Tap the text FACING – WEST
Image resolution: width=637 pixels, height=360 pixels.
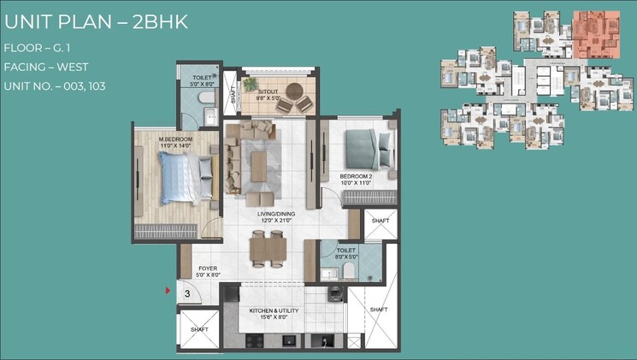pyautogui.click(x=45, y=67)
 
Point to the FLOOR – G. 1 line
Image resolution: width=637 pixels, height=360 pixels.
pyautogui.click(x=39, y=48)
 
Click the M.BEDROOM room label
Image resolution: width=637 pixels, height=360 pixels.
pyautogui.click(x=175, y=142)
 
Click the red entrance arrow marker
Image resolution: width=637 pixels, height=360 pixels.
pyautogui.click(x=168, y=292)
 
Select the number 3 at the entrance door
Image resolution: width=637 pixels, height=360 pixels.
pyautogui.click(x=186, y=293)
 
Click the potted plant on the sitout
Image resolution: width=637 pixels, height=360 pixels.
pyautogui.click(x=250, y=86)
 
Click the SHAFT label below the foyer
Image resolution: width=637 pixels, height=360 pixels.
pyautogui.click(x=199, y=329)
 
